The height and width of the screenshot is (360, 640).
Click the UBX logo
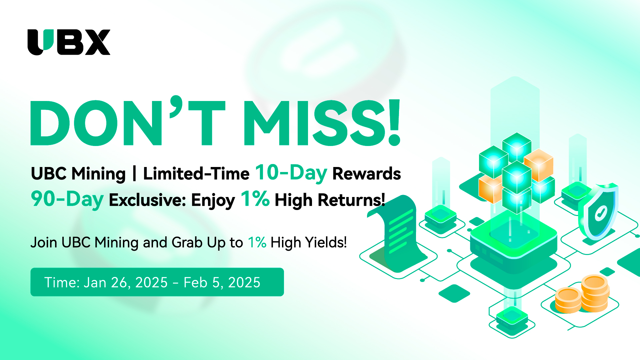[69, 42]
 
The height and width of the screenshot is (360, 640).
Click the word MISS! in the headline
[322, 123]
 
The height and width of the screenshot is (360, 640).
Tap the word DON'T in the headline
[128, 121]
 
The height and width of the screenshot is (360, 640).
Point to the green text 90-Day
[67, 199]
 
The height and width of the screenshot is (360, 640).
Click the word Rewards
[367, 174]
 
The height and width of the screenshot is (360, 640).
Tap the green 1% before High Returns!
[255, 199]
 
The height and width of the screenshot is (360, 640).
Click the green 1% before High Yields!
[257, 242]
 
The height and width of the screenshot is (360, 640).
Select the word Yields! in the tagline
[326, 242]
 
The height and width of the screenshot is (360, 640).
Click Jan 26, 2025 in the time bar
[126, 283]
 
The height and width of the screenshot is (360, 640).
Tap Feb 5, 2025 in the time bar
[222, 283]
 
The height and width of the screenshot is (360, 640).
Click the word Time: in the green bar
[62, 282]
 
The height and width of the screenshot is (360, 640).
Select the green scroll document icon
[397, 233]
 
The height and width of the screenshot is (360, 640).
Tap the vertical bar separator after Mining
[134, 174]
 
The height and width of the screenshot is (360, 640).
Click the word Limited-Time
[196, 174]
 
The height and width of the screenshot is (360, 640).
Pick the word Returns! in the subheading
[351, 200]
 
